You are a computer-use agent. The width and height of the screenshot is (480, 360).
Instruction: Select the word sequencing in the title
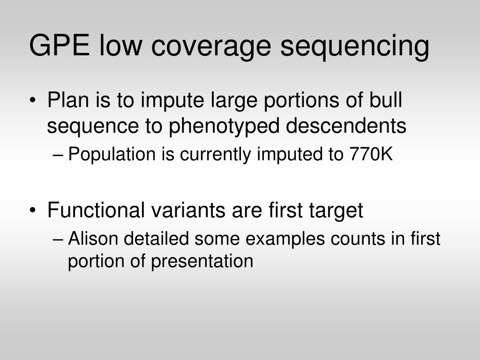click(355, 47)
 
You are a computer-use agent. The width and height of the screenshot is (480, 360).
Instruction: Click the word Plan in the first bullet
click(66, 100)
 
